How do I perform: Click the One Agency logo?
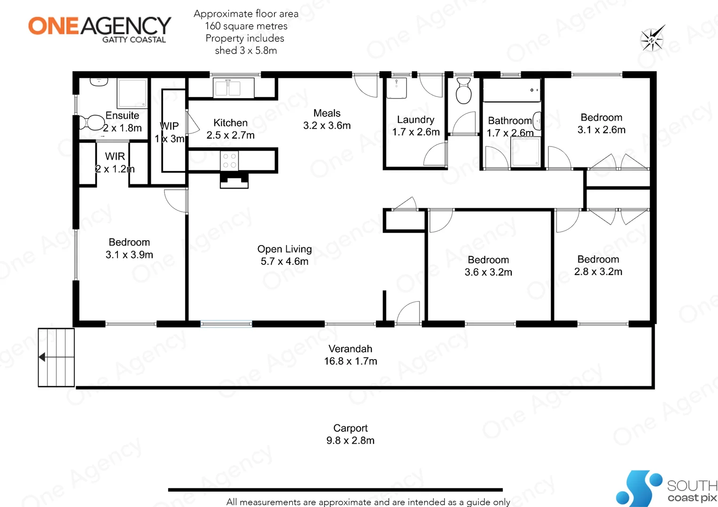[100, 29]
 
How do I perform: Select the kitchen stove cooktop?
[229, 161]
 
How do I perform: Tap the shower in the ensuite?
[133, 93]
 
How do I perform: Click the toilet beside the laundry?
[463, 91]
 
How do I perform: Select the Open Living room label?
[284, 249]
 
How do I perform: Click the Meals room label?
[327, 113]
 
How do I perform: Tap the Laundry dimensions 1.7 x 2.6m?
[416, 132]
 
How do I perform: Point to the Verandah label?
[350, 349]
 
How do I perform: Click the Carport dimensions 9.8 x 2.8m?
[350, 440]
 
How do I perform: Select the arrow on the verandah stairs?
[42, 357]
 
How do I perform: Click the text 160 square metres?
[246, 26]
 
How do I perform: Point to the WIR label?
[115, 156]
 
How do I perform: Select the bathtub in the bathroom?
[511, 90]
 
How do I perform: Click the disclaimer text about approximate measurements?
[368, 502]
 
